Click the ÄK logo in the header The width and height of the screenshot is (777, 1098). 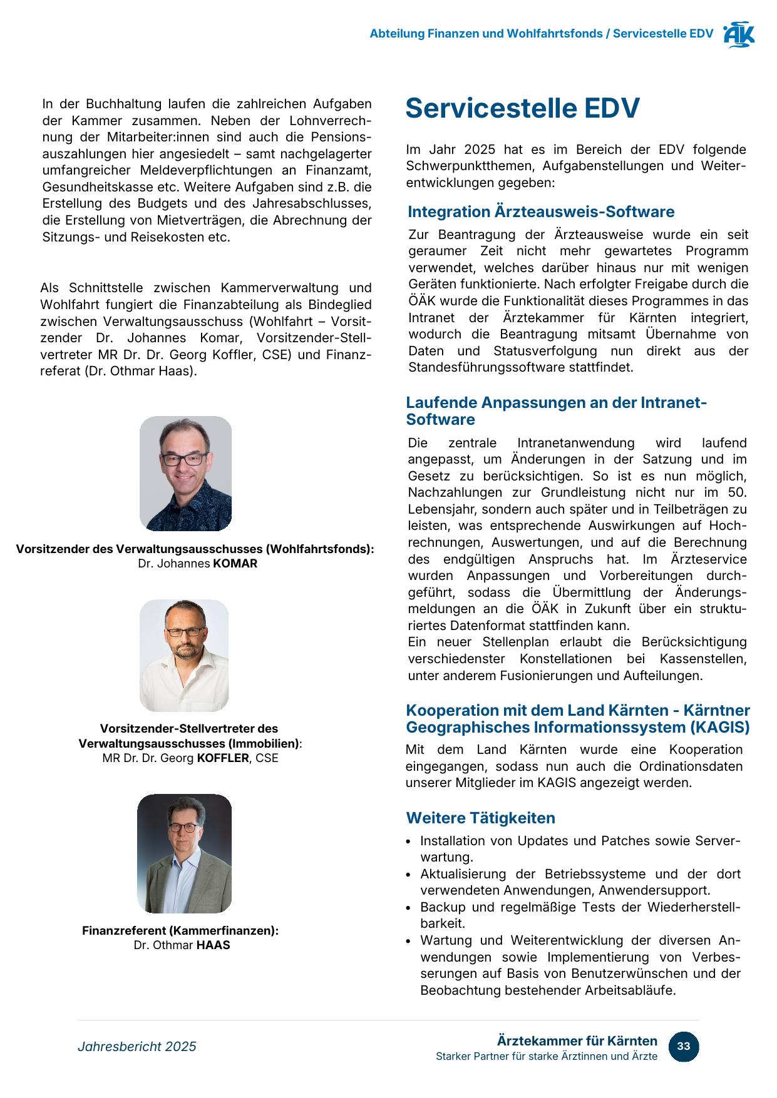pyautogui.click(x=739, y=35)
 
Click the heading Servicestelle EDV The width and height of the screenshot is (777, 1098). pyautogui.click(x=522, y=108)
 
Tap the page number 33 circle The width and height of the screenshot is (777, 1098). pyautogui.click(x=683, y=1047)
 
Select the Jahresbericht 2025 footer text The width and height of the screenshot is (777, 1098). pyautogui.click(x=136, y=1047)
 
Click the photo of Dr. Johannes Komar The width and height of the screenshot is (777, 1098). pyautogui.click(x=185, y=473)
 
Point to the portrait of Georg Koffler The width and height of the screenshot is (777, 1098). pyautogui.click(x=184, y=655)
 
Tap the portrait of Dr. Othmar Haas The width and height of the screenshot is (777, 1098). pyautogui.click(x=185, y=853)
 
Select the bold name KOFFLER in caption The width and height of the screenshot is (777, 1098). pyautogui.click(x=223, y=758)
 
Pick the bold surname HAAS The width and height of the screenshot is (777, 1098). pyautogui.click(x=213, y=945)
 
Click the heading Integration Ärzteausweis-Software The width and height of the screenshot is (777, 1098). pyautogui.click(x=541, y=212)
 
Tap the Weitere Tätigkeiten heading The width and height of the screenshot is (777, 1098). pyautogui.click(x=480, y=818)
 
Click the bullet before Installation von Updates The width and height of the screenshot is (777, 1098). pyautogui.click(x=409, y=842)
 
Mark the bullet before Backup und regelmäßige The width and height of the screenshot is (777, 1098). pyautogui.click(x=409, y=908)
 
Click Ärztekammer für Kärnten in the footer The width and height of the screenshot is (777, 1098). pyautogui.click(x=577, y=1041)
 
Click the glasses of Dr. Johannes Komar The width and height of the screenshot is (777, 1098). pyautogui.click(x=183, y=459)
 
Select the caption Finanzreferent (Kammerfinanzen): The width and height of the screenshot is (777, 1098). pyautogui.click(x=180, y=931)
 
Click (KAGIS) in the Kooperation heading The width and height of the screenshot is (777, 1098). pyautogui.click(x=719, y=728)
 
